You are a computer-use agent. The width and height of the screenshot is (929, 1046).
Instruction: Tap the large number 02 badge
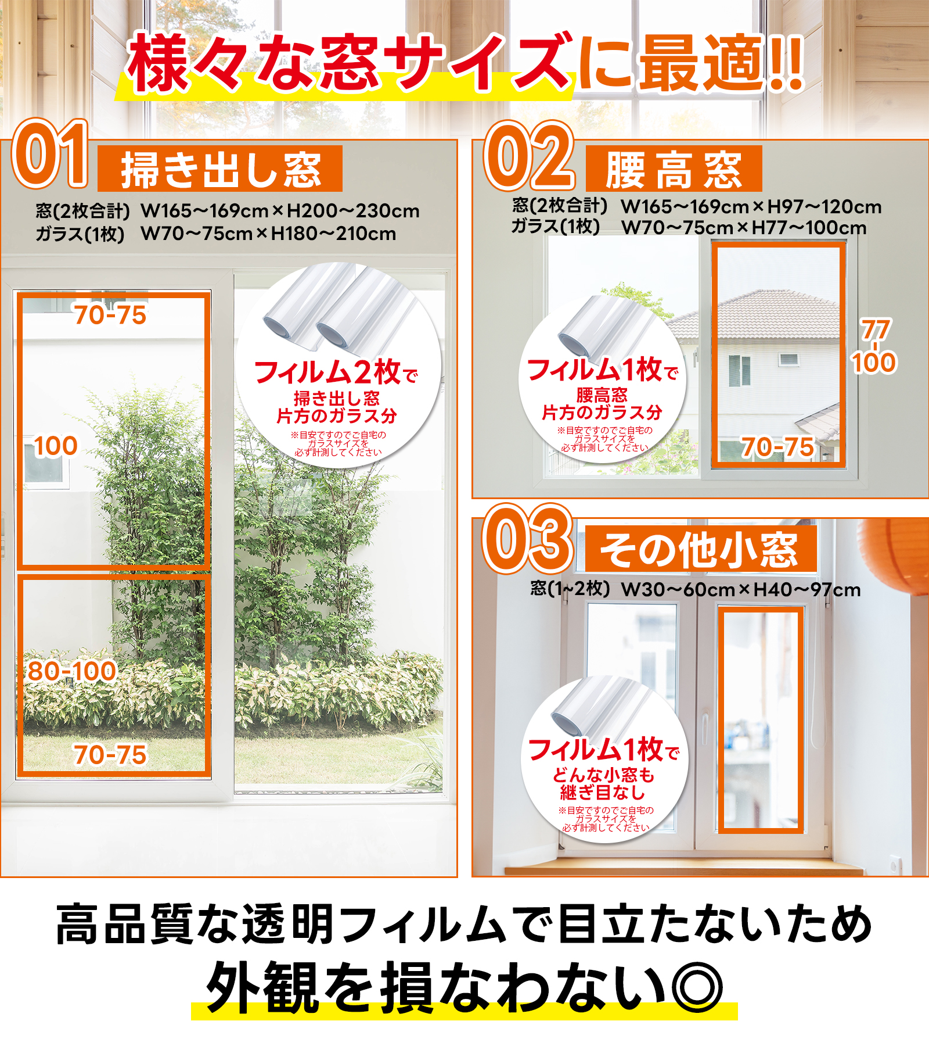coord(529,156)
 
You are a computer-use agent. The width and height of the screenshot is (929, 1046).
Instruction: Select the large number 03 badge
coord(528,539)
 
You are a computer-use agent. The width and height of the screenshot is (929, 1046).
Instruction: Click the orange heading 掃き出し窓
coord(221,169)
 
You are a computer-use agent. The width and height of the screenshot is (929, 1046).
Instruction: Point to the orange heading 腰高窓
coord(674,169)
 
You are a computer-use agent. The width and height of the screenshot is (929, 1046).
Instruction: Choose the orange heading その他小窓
coord(700,549)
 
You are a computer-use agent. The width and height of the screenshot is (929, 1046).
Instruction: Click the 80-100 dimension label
coord(72,671)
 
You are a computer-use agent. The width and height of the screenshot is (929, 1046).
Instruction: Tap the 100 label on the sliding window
coord(56,446)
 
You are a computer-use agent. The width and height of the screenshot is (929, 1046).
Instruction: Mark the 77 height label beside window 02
coord(876,329)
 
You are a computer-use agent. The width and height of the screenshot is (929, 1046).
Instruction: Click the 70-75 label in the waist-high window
coord(778,447)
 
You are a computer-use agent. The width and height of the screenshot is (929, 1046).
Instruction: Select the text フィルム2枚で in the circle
coord(336,372)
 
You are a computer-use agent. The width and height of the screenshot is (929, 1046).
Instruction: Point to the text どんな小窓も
coord(604,775)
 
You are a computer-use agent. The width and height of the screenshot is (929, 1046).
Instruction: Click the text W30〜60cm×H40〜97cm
coord(741,590)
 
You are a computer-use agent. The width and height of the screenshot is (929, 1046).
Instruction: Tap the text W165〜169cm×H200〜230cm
coord(280,210)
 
